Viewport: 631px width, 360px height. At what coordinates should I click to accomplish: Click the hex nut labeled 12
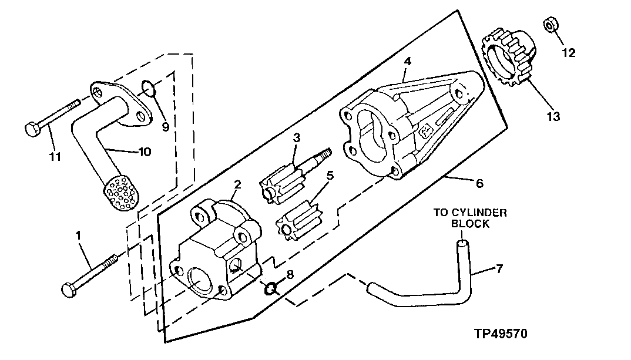(551, 26)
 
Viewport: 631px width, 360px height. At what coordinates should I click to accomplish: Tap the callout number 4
(407, 62)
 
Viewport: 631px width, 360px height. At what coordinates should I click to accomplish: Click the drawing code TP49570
(501, 334)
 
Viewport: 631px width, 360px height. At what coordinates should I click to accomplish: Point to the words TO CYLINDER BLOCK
(470, 218)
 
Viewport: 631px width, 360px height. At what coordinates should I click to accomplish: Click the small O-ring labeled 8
(271, 288)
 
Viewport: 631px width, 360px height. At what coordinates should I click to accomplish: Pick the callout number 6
(479, 184)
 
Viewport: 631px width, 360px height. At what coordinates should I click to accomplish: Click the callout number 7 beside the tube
(499, 270)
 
